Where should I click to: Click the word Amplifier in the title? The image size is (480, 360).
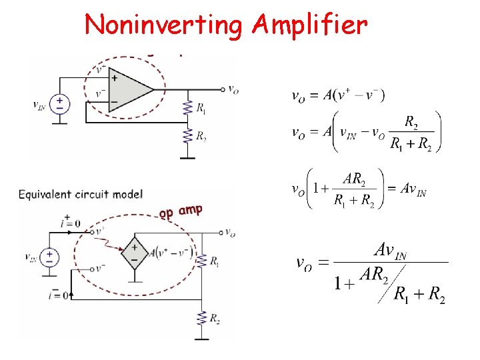coord(309,25)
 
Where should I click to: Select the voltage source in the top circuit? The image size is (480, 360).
coord(61,103)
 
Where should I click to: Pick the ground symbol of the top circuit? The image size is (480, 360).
coord(188,157)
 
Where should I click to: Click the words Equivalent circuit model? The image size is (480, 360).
coord(81,194)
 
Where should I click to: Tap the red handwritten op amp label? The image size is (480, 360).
coord(181,212)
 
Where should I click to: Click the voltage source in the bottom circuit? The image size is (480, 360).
coord(49,257)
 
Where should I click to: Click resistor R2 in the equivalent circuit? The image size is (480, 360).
coord(201,319)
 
